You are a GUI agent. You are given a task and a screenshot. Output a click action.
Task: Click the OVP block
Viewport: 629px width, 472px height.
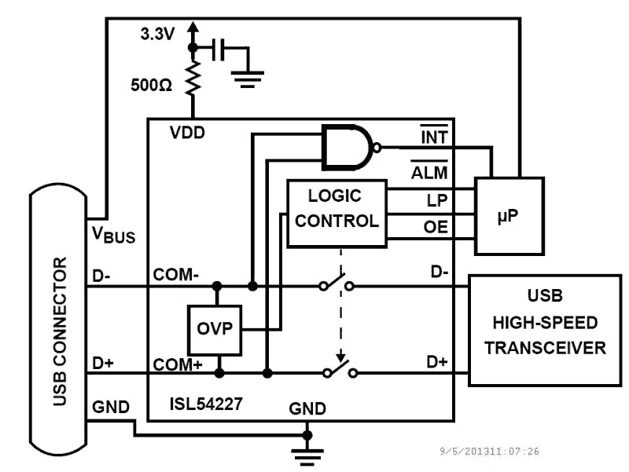[215, 329]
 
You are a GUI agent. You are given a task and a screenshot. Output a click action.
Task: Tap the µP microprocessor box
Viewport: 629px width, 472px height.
[509, 215]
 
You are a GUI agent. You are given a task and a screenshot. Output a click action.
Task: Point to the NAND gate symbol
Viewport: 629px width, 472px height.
[348, 147]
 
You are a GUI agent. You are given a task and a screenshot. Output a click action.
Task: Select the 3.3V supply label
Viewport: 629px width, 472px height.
[157, 34]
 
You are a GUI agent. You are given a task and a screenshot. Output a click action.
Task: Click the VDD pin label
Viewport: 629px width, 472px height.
[187, 132]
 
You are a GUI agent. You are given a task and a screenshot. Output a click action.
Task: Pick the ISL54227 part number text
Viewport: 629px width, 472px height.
[205, 405]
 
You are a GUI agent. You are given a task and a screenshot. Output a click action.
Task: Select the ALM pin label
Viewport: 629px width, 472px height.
[431, 172]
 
